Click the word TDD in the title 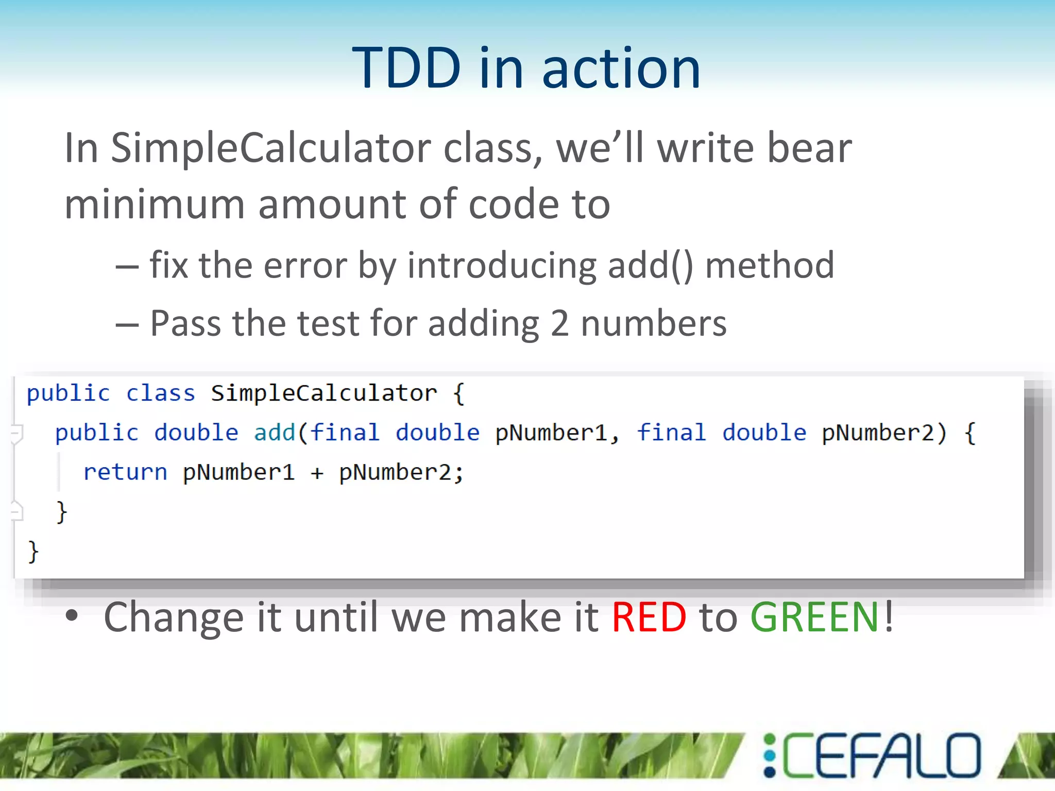pos(406,68)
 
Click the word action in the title pos(621,69)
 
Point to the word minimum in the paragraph pos(155,204)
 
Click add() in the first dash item pos(651,266)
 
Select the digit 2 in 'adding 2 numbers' pos(559,324)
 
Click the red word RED pos(649,617)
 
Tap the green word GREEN pos(814,617)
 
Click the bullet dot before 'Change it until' pos(72,616)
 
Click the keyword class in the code pos(161,393)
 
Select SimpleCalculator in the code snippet pos(324,393)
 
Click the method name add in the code pos(275,433)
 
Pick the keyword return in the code pos(125,472)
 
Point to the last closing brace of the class pos(33,552)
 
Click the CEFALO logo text pos(881,756)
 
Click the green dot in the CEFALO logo pos(770,740)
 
